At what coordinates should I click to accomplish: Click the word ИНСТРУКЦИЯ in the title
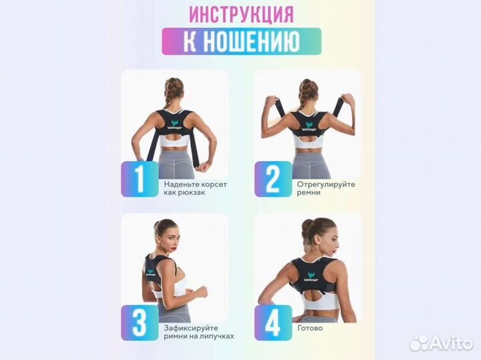pos(241,14)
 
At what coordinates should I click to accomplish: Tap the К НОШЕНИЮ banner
pos(241,42)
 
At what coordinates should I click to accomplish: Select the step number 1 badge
pos(140,179)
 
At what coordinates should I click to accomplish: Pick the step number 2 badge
pos(273,179)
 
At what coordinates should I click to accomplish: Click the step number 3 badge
pos(140,323)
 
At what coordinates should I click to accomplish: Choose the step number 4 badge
pos(273,323)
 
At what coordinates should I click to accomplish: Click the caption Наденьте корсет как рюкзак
pos(190,187)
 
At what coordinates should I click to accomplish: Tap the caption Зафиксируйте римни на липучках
pos(198,332)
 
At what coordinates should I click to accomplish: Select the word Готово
pos(311,328)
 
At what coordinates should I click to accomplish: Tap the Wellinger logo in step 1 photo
pos(174,124)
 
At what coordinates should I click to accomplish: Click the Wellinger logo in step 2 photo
pos(308,126)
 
